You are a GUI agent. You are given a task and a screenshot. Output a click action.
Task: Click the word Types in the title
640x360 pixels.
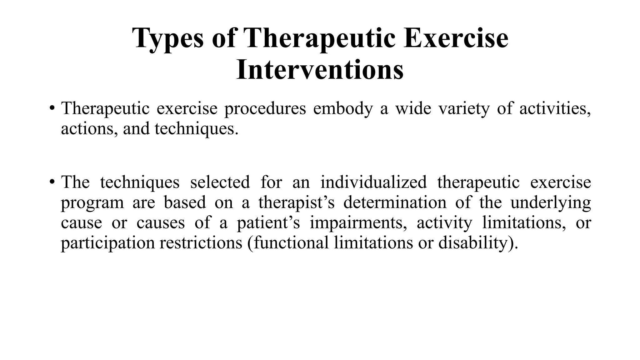pyautogui.click(x=168, y=38)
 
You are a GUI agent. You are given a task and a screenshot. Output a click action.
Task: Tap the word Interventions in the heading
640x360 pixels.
pyautogui.click(x=320, y=70)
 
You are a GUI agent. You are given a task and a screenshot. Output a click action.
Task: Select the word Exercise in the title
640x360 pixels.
pyautogui.click(x=456, y=38)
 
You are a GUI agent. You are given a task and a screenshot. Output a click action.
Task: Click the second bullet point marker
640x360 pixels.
pyautogui.click(x=52, y=182)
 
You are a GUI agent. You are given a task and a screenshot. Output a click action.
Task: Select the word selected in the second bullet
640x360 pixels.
pyautogui.click(x=220, y=182)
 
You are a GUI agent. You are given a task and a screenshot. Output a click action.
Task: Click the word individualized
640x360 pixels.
pyautogui.click(x=373, y=182)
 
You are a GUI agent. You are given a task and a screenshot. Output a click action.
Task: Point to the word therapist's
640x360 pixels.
pyautogui.click(x=296, y=202)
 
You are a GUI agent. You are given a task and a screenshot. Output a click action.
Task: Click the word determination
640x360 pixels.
pyautogui.click(x=395, y=202)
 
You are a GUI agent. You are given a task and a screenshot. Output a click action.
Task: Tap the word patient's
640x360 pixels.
pyautogui.click(x=268, y=223)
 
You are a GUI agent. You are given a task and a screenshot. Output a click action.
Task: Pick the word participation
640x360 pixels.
pyautogui.click(x=108, y=243)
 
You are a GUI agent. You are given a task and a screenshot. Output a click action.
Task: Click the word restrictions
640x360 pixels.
pyautogui.click(x=201, y=243)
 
